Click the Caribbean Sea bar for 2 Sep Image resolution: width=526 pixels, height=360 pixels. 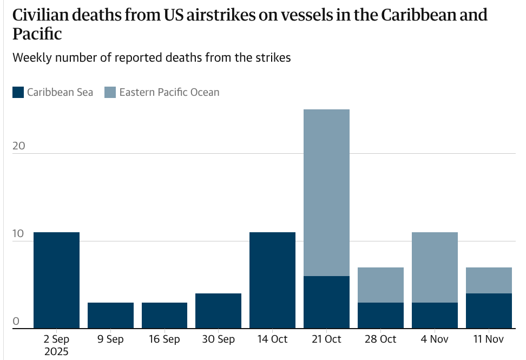(x=56, y=280)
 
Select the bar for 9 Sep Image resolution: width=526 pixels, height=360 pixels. (x=110, y=315)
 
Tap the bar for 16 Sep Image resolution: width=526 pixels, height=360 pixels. (x=165, y=315)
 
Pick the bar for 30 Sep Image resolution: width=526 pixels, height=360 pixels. (x=218, y=311)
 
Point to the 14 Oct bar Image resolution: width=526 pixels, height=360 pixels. (x=272, y=280)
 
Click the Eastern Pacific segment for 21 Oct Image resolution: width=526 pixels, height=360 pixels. (x=326, y=193)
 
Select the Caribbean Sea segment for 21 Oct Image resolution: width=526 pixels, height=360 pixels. (x=326, y=302)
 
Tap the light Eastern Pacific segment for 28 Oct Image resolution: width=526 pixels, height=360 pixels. (x=380, y=285)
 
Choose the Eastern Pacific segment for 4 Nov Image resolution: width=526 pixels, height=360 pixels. (x=435, y=267)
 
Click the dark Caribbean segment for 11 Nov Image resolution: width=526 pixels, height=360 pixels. (x=489, y=311)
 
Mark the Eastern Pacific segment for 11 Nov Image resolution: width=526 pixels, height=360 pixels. (x=489, y=280)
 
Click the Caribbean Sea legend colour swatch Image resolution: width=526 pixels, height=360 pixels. (x=18, y=92)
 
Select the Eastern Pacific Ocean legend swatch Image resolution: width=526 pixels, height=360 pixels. (x=110, y=92)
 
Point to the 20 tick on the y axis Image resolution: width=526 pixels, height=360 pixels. (x=19, y=147)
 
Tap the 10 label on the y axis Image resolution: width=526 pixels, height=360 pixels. (x=19, y=234)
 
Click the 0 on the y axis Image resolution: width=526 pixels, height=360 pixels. (x=16, y=322)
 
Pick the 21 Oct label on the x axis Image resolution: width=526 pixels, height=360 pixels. (x=326, y=339)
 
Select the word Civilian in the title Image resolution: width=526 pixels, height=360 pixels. (x=47, y=15)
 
